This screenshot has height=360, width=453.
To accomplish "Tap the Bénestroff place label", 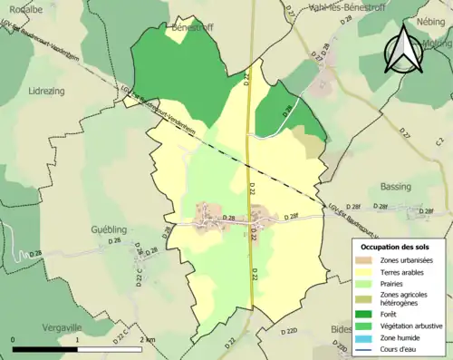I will point(191,28).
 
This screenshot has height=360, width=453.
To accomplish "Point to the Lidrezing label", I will point(48,92).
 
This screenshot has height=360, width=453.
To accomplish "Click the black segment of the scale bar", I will point(45,348).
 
